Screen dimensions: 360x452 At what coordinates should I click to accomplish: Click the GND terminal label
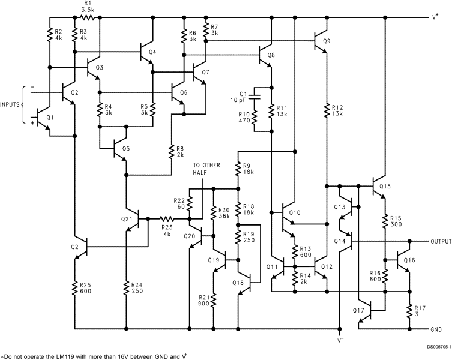point(437,329)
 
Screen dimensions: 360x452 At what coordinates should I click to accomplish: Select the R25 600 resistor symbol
point(76,289)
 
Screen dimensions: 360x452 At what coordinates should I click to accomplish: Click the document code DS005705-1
point(430,346)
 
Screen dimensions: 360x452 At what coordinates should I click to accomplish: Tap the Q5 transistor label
point(125,148)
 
